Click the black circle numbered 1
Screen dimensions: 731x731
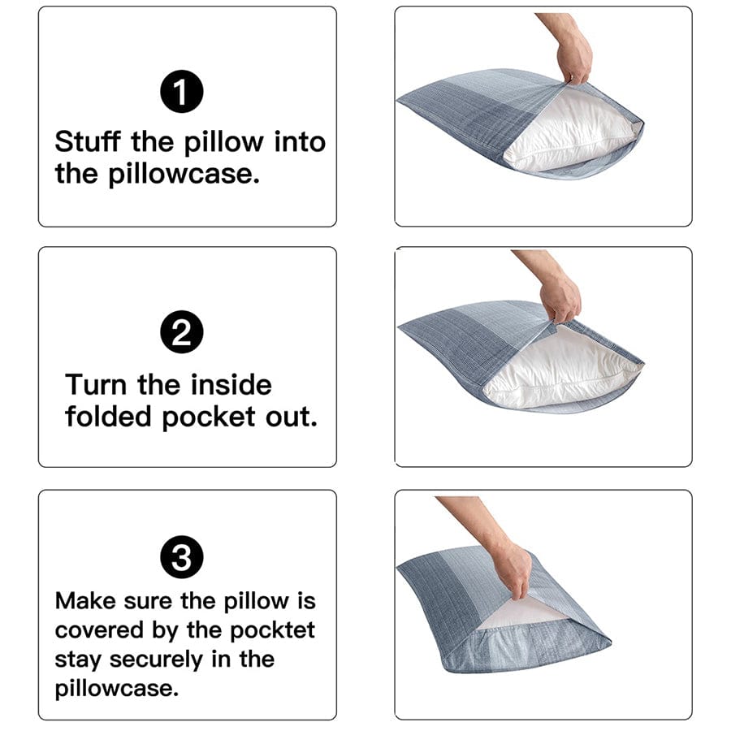[181, 91]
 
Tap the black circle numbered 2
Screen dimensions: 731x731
[181, 332]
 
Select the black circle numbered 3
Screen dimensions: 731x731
[181, 556]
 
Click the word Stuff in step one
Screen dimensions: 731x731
[88, 141]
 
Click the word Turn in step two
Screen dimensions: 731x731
[96, 385]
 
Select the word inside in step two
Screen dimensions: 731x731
[231, 385]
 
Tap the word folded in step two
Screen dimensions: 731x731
[108, 417]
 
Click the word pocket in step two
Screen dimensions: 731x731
[209, 417]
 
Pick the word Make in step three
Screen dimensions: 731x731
[84, 600]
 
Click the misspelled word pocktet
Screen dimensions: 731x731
[272, 631]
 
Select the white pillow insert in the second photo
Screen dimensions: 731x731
[560, 368]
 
